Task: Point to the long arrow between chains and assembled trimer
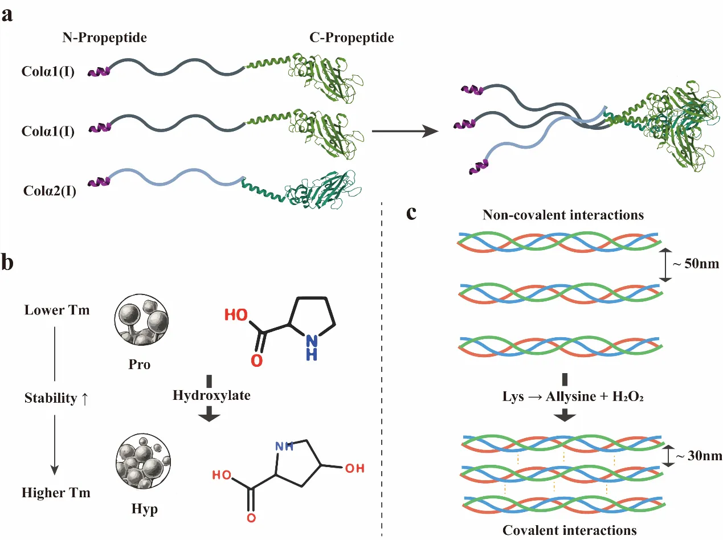click(x=405, y=132)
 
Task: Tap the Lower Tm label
click(x=57, y=310)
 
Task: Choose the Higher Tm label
click(x=56, y=493)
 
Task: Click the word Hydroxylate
click(x=211, y=395)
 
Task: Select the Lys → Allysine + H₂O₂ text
click(x=563, y=395)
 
